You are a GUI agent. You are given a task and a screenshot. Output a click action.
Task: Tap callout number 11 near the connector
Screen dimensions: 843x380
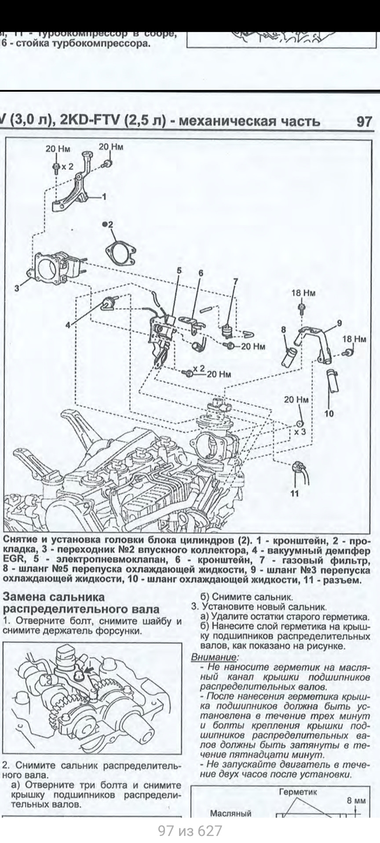pyautogui.click(x=295, y=494)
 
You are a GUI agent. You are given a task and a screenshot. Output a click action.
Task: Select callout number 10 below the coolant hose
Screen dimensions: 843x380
pyautogui.click(x=329, y=413)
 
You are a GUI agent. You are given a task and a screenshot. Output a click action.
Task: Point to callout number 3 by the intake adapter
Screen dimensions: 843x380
pyautogui.click(x=17, y=288)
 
